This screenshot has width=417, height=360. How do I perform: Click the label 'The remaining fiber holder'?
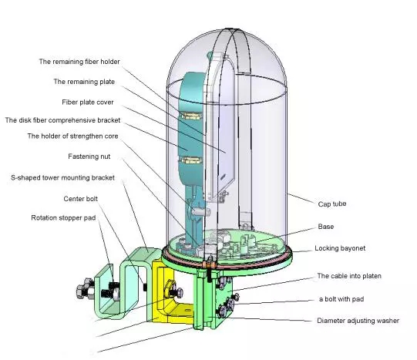tap(79, 62)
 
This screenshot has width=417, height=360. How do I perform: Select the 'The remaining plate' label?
tap(84, 82)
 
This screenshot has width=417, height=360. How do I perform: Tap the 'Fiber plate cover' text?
tap(88, 103)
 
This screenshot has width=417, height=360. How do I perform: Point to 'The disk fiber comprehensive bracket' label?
tap(62, 120)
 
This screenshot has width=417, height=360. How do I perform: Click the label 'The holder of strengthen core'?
tap(72, 136)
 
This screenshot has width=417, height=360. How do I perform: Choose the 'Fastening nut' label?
tap(89, 156)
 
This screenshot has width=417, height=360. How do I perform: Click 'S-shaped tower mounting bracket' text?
tap(62, 177)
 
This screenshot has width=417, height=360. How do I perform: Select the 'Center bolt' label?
tap(81, 199)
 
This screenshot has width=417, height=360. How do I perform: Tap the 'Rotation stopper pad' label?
tap(63, 217)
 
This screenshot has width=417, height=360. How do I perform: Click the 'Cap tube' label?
tap(332, 204)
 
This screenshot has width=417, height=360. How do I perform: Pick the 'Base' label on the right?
tap(326, 227)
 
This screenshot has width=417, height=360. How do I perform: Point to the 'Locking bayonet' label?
tap(340, 248)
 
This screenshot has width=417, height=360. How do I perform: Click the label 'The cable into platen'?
tap(349, 276)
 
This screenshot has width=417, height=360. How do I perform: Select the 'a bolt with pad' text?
tap(341, 299)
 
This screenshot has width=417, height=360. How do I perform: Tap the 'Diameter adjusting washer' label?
tap(358, 321)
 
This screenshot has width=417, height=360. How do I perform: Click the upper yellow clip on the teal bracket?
tap(191, 116)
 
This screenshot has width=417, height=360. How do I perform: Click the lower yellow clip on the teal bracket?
tap(191, 160)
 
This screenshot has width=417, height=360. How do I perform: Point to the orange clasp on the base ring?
tap(210, 265)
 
